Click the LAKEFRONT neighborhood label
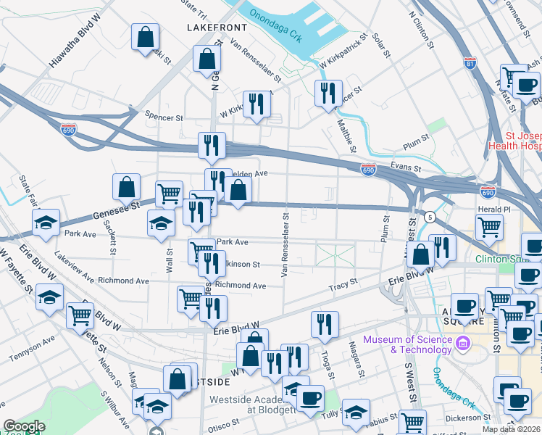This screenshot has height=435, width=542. pyautogui.click(x=217, y=27)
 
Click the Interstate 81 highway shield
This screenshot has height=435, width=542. pyautogui.click(x=471, y=64)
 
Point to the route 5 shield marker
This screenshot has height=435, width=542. pyautogui.click(x=430, y=217)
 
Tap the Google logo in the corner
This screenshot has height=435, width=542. pyautogui.click(x=24, y=426)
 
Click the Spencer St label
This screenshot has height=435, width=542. pyautogui.click(x=164, y=117)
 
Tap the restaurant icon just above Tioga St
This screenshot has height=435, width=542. pyautogui.click(x=325, y=324)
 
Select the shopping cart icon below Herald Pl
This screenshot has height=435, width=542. pyautogui.click(x=490, y=227)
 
